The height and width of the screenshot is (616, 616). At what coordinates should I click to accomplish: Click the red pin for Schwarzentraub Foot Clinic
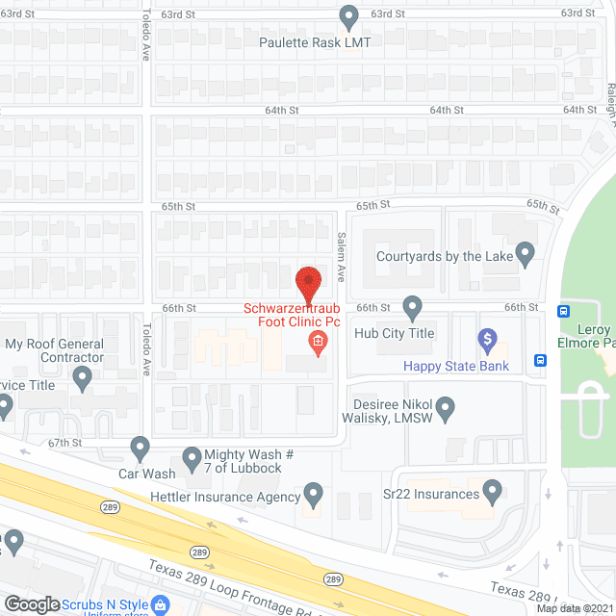[308, 283]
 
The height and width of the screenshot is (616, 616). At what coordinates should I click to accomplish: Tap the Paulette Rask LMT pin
[349, 16]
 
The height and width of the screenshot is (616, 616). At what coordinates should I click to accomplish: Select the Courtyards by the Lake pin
[525, 254]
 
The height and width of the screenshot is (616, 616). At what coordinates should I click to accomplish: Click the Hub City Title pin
[413, 308]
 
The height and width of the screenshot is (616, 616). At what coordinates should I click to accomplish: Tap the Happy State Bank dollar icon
[487, 340]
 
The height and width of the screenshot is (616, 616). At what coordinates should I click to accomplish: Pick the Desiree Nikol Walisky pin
[445, 411]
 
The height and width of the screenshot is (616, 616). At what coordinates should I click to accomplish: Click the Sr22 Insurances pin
[493, 494]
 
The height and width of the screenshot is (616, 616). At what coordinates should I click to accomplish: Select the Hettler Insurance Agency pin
[313, 496]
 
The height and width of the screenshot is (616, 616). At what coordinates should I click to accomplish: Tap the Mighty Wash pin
[191, 457]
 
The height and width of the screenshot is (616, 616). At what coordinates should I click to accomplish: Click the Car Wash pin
[141, 448]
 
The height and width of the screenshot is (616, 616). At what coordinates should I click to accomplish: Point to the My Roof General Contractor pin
[82, 379]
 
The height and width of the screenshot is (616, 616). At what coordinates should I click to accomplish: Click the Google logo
[32, 604]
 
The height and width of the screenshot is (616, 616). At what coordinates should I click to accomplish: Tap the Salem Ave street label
[341, 255]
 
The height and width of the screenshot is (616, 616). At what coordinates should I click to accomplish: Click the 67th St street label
[65, 443]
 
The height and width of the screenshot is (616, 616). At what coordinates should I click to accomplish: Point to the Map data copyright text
[575, 607]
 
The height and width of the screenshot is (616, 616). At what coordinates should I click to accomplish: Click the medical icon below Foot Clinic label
[317, 342]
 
